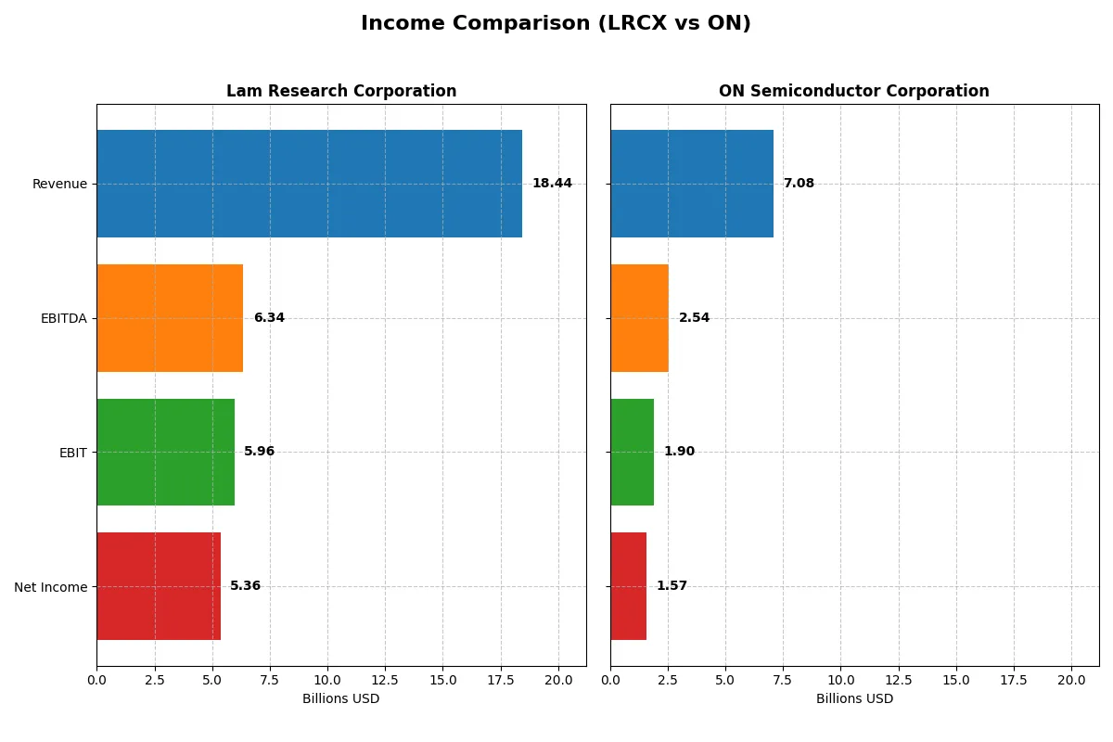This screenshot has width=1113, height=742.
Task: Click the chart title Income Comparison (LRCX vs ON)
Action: tap(556, 24)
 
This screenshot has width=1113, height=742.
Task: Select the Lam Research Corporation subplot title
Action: tap(341, 91)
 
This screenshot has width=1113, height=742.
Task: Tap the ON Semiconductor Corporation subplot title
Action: tap(853, 91)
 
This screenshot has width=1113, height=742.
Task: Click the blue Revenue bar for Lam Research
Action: tap(309, 184)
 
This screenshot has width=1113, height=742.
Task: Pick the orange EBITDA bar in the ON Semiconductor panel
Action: tap(639, 318)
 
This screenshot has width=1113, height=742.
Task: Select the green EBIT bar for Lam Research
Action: tap(165, 452)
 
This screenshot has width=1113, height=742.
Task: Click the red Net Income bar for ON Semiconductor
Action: tap(628, 586)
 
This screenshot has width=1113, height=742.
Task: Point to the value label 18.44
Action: tap(552, 184)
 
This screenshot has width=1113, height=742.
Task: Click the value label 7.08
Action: tap(799, 184)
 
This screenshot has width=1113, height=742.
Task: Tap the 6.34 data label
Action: tap(269, 318)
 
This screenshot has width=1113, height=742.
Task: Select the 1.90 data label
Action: tap(679, 452)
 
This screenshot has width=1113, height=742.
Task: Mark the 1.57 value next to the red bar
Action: tap(672, 586)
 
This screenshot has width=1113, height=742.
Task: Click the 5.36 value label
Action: tap(246, 586)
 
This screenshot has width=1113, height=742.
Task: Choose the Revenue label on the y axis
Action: tap(59, 184)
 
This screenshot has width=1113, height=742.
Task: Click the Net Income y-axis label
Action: tap(51, 586)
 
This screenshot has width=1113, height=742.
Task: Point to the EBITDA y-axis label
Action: tap(63, 318)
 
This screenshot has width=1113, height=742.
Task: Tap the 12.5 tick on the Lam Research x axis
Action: tap(385, 680)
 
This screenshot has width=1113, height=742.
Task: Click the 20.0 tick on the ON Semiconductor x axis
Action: tap(1071, 680)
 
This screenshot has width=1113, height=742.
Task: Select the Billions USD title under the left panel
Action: tap(341, 699)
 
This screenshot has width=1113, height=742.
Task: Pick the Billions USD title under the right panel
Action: tap(854, 699)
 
